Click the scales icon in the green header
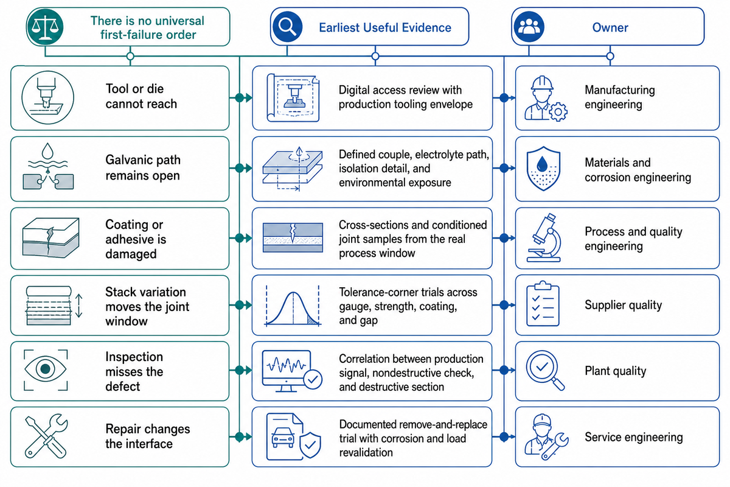tap(45, 27)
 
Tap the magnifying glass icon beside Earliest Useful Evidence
tap(287, 27)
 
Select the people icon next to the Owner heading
tap(529, 27)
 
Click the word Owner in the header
tap(610, 27)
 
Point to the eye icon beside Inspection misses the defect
tap(45, 370)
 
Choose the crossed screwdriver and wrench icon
tap(46, 436)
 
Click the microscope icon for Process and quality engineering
tap(544, 238)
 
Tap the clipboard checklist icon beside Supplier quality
tap(543, 304)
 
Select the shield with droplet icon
tap(543, 168)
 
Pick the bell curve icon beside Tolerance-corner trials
tap(293, 306)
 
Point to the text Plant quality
tap(615, 371)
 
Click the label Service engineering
tap(633, 437)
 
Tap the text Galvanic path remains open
tap(143, 167)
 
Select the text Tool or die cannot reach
tap(141, 96)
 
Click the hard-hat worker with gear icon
tap(546, 99)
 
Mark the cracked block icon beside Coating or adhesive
tap(51, 238)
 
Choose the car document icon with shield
tap(293, 436)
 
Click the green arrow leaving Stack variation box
tap(240, 306)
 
